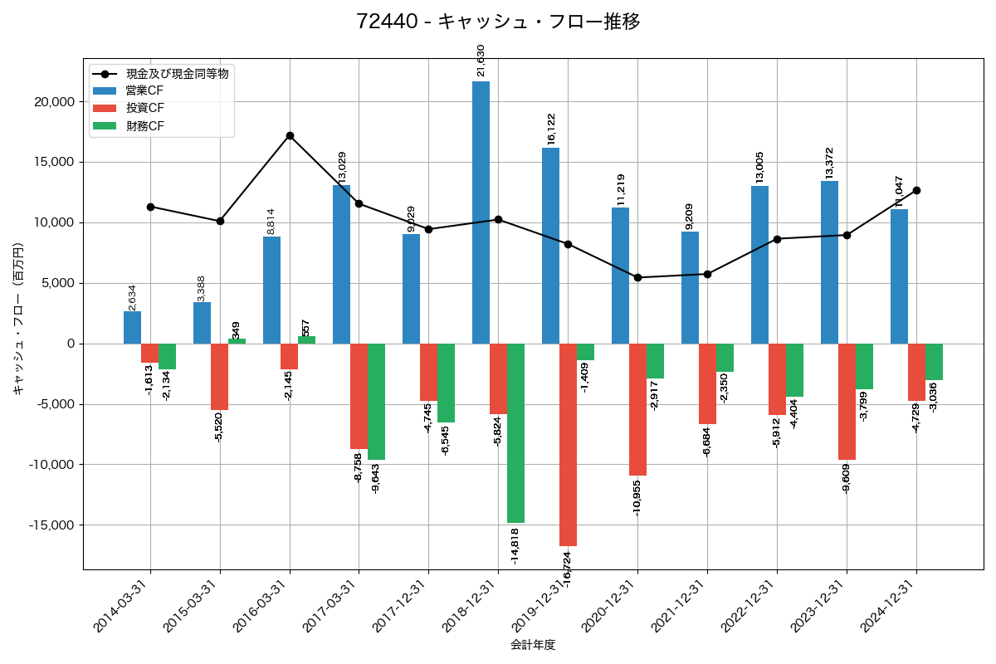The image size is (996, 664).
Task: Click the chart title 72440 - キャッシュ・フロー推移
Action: click(x=498, y=22)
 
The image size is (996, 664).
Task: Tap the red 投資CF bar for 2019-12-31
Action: click(x=568, y=444)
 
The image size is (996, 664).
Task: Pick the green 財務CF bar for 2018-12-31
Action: click(x=515, y=432)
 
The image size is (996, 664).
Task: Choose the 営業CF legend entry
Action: click(x=144, y=90)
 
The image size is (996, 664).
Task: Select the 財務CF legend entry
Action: click(x=144, y=126)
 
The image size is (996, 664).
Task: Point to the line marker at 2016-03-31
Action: click(x=290, y=135)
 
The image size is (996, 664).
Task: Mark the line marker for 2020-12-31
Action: click(x=637, y=277)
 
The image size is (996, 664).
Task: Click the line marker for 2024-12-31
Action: click(x=916, y=190)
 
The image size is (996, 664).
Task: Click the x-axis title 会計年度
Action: click(x=533, y=645)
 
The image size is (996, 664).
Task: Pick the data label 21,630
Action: click(x=481, y=61)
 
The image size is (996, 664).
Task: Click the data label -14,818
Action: click(x=515, y=545)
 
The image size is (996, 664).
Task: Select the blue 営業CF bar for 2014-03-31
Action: click(x=132, y=327)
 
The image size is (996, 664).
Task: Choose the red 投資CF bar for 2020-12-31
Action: click(x=637, y=409)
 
